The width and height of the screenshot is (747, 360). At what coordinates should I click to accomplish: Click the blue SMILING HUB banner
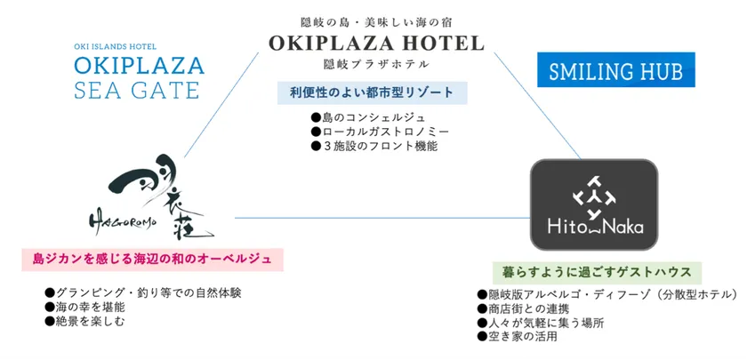(x=616, y=69)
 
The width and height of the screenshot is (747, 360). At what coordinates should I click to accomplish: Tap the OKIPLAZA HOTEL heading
(x=376, y=44)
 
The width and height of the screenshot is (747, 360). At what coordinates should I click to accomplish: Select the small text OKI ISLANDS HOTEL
(x=116, y=46)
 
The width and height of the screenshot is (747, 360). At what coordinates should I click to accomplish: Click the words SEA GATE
(x=136, y=90)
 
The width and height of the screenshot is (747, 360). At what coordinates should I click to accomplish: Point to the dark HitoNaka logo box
(x=594, y=204)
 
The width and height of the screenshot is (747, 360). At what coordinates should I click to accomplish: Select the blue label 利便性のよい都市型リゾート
(x=372, y=92)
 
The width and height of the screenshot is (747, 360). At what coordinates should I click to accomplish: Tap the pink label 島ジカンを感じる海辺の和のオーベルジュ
(x=152, y=260)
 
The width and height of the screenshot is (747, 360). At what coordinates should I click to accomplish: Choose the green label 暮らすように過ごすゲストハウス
(x=597, y=273)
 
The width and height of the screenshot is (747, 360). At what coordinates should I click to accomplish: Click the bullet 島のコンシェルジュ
(x=368, y=117)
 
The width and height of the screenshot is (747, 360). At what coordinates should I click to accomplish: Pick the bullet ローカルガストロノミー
(x=380, y=132)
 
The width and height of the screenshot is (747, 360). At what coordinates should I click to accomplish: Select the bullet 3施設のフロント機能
(x=373, y=146)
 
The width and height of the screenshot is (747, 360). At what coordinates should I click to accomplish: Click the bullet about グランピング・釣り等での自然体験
(x=143, y=292)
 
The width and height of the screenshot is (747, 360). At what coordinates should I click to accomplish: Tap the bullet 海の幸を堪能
(x=78, y=308)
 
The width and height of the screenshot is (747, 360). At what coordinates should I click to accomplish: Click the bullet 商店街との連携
(x=523, y=309)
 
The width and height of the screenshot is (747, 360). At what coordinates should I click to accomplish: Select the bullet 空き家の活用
(x=517, y=337)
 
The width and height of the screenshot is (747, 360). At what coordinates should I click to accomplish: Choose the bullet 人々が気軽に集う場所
(x=541, y=323)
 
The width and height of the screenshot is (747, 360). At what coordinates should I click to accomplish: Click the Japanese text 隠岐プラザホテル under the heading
(x=376, y=64)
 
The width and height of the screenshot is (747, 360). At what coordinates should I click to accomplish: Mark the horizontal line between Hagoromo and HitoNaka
(x=382, y=218)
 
